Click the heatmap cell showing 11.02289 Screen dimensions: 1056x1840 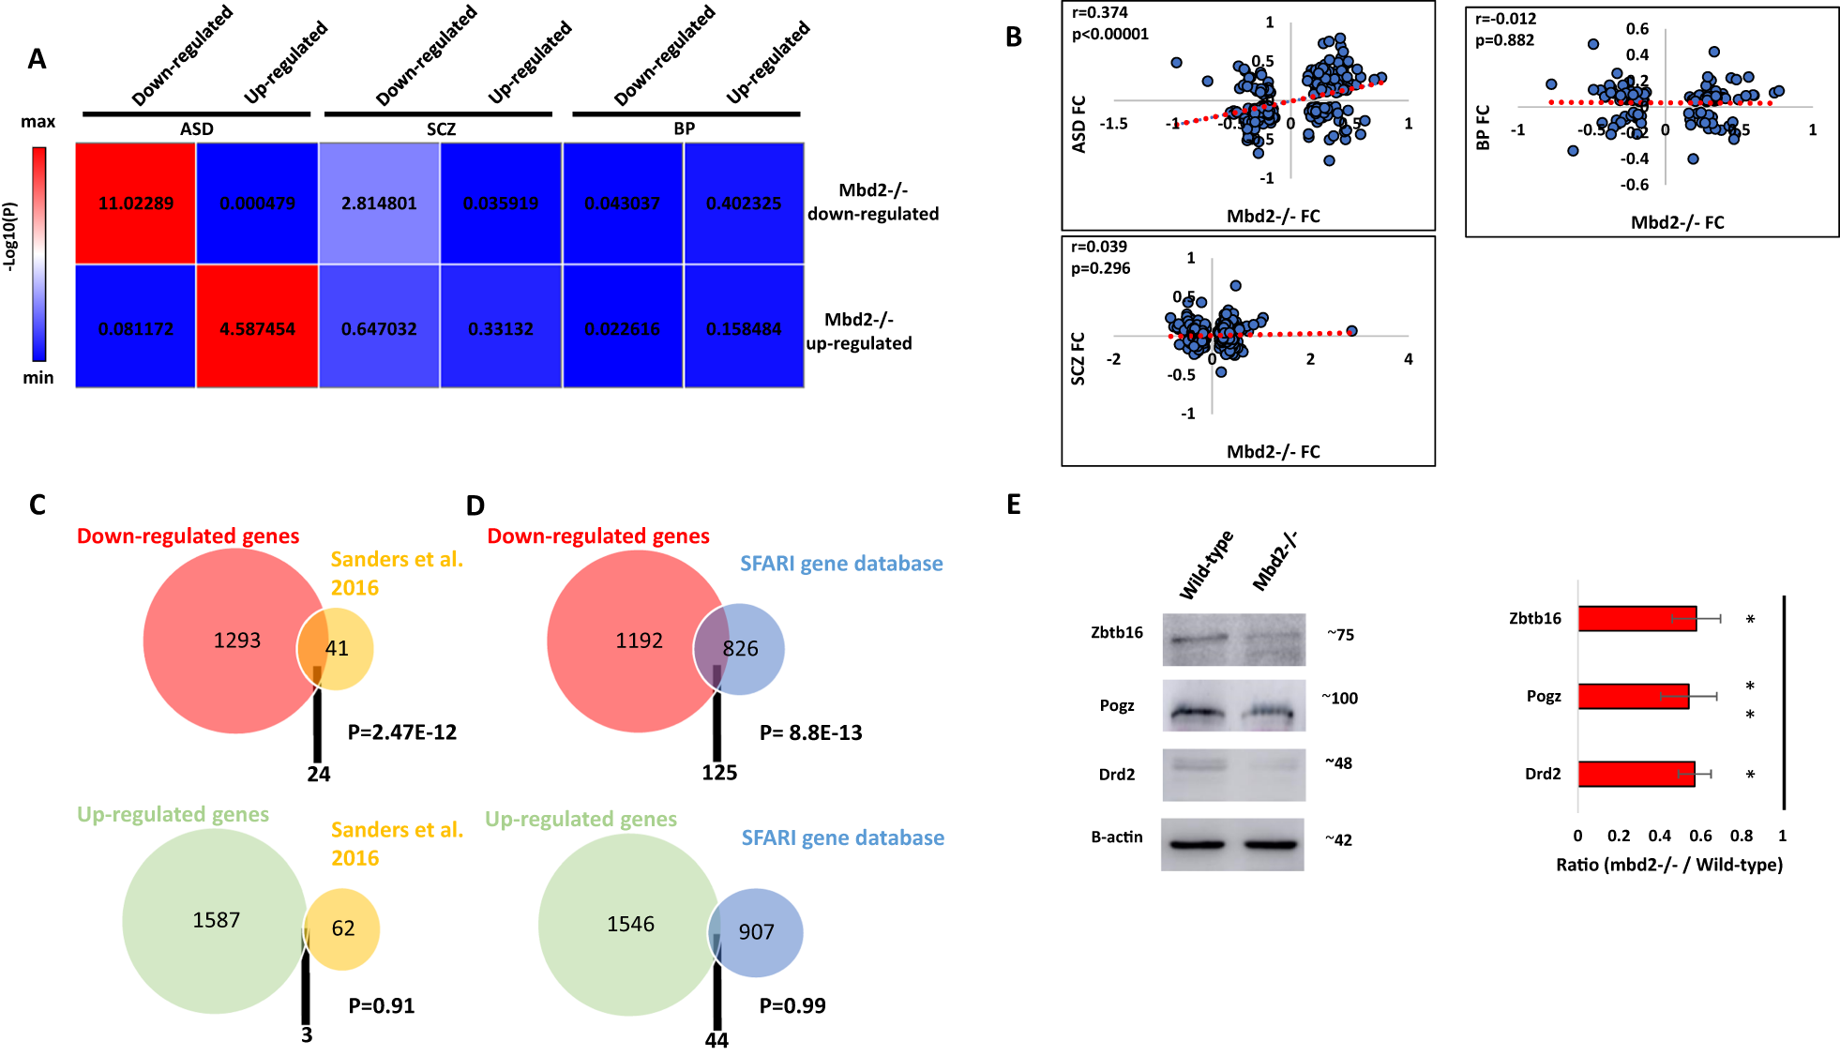coord(136,204)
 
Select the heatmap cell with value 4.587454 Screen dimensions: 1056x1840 coord(257,329)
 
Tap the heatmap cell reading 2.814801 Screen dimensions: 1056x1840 coord(379,204)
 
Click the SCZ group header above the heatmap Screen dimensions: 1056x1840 coord(441,129)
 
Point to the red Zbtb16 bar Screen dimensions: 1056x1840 coord(1636,619)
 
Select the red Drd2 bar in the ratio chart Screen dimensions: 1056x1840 coord(1636,775)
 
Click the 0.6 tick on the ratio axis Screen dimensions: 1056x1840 coord(1700,836)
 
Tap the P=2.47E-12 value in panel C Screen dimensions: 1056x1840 coord(402,732)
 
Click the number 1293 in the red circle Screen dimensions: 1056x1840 coord(236,641)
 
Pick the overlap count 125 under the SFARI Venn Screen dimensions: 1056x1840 coord(719,773)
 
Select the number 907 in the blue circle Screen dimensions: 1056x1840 coord(756,932)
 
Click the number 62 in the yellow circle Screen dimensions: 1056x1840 coord(343,928)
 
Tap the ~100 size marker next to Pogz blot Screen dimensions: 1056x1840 coord(1339,699)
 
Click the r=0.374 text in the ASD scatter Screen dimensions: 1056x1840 coord(1099,13)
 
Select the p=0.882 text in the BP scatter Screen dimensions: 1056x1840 coord(1504,40)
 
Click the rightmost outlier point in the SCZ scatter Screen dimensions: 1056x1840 coord(1351,331)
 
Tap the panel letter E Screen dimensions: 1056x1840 coord(1013,505)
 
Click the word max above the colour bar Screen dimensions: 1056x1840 coord(38,122)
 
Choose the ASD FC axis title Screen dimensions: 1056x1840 coord(1078,124)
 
